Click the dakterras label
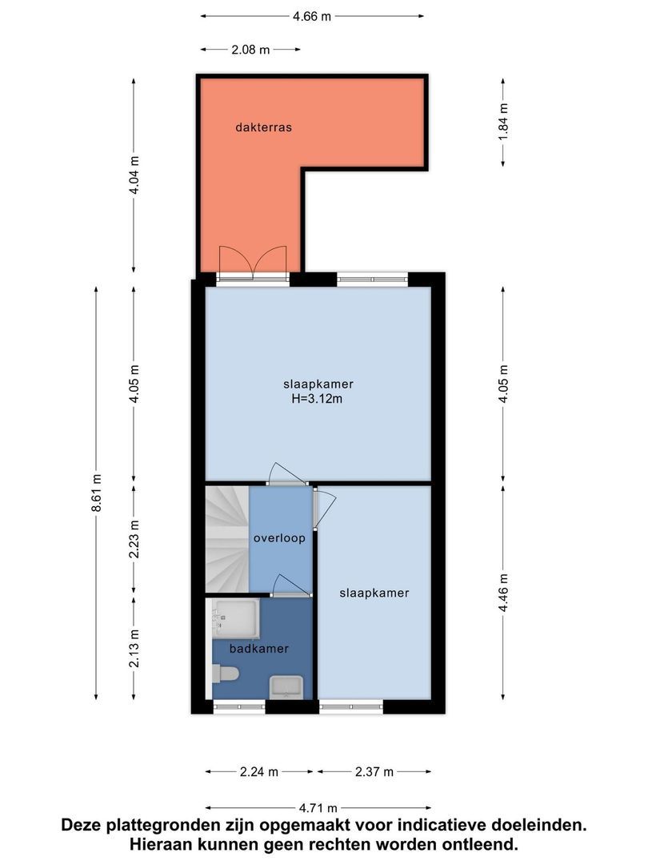coord(263,127)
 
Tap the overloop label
coord(279,538)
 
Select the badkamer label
coord(259,649)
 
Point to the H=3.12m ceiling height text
coord(317,398)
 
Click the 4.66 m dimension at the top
coord(312,17)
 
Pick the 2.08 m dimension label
coord(250,50)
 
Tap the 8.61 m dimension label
coord(97,493)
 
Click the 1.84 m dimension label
coord(503,122)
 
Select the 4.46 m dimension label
coord(503,593)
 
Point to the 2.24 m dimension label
coord(259,772)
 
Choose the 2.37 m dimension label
coord(374,772)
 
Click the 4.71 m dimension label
coord(318,808)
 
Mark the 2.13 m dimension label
coord(134,648)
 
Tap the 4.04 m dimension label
coord(134,175)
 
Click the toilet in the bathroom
coord(226,674)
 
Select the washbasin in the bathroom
coord(286,687)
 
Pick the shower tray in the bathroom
coord(236,618)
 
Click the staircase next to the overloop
coord(227,539)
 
